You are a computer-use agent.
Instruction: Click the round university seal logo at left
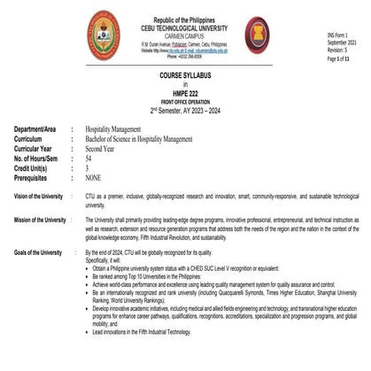click(103, 35)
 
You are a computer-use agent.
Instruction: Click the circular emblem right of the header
click(258, 35)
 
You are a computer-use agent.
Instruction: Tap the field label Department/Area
click(38, 129)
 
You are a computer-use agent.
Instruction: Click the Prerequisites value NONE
click(96, 176)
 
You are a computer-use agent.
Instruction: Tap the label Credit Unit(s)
click(35, 167)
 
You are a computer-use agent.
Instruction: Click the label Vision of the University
click(38, 195)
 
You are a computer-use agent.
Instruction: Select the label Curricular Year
click(35, 149)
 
